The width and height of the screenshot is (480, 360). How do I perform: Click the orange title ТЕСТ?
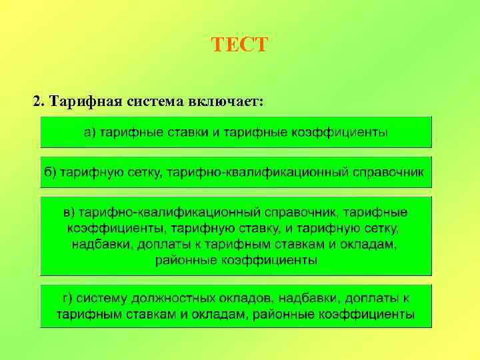[x=239, y=45]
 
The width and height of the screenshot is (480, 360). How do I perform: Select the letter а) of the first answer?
[x=90, y=133]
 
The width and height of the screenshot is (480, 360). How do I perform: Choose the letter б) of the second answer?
[x=51, y=172]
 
